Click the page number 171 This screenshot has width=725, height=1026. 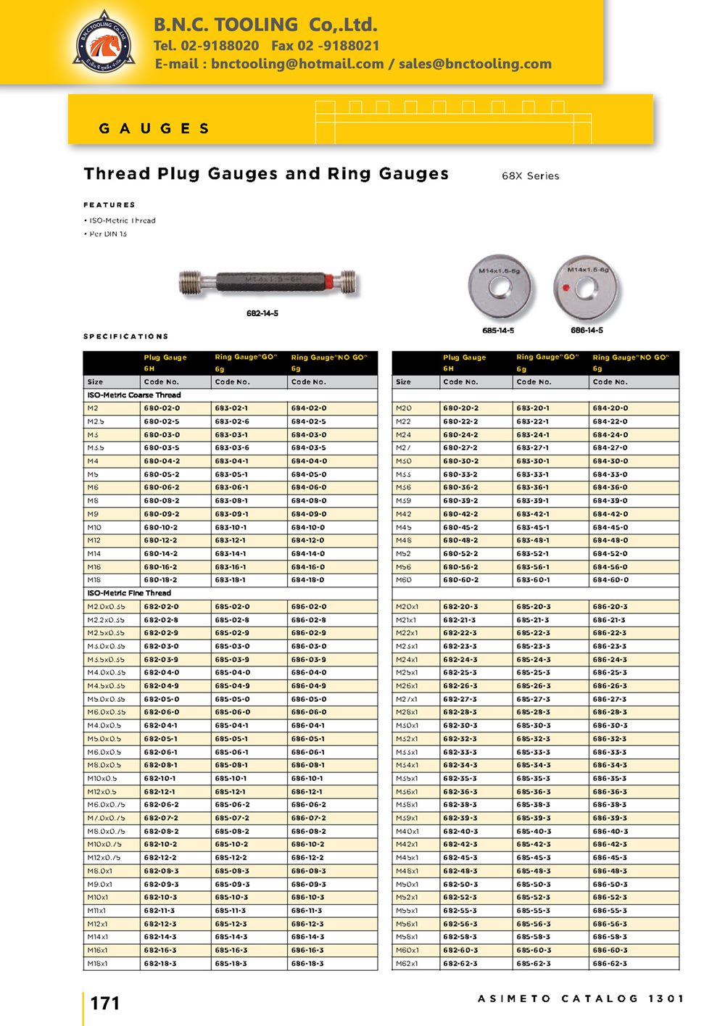coord(105,1003)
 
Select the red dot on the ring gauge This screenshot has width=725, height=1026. coord(565,287)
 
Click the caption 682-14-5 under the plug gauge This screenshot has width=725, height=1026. coord(262,313)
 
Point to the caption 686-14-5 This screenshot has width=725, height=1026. coord(587,330)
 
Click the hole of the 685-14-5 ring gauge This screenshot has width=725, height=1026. coord(500,286)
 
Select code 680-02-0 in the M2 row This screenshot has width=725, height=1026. coord(162,408)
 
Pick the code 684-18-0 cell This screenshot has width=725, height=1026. coord(308,580)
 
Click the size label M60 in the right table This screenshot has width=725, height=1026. coord(404,580)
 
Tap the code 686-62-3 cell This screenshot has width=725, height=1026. coord(610,964)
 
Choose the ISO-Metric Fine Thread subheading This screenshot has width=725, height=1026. coord(129,593)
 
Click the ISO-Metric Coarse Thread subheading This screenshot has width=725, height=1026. coord(134,395)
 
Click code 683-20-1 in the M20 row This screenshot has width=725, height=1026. coord(533,408)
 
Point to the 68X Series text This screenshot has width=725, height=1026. coord(530,175)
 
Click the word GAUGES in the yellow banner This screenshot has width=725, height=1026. coord(154,128)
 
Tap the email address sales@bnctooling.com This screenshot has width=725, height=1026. coord(475,64)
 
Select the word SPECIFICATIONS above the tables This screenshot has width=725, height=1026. coord(126,336)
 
